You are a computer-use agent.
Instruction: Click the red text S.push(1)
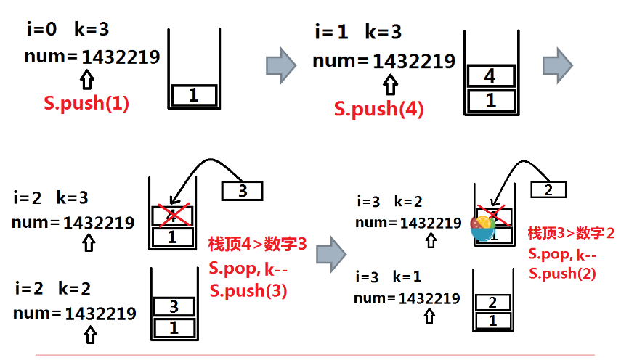coord(86,103)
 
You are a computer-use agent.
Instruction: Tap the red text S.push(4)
coord(379,109)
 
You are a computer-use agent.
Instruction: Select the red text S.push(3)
coord(248,291)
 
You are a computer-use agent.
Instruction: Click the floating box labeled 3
coord(242,190)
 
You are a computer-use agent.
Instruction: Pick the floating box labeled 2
coord(548,189)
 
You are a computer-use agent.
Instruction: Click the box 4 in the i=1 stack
coord(490,75)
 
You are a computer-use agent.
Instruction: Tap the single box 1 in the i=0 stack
coord(194,94)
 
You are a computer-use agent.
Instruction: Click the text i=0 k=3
coord(67,30)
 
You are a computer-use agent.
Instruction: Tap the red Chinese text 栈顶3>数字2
coord(571,233)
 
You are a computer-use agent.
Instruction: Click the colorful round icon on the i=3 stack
coord(482,226)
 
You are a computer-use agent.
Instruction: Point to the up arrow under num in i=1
coord(390,86)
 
